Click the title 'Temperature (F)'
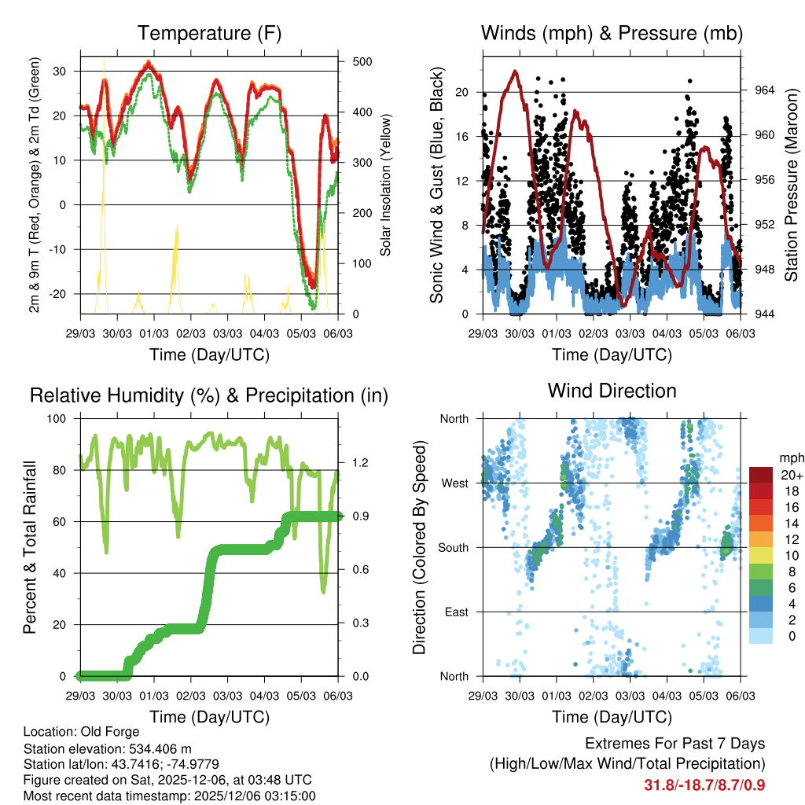pyautogui.click(x=208, y=33)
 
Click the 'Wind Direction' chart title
pyautogui.click(x=612, y=390)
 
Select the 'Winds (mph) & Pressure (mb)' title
pyautogui.click(x=612, y=33)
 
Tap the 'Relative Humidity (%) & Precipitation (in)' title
pyautogui.click(x=208, y=395)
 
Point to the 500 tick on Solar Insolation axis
pyautogui.click(x=353, y=61)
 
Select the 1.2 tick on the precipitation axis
pyautogui.click(x=352, y=463)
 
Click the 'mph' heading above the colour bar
pyautogui.click(x=790, y=458)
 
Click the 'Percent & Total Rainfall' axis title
pyautogui.click(x=29, y=547)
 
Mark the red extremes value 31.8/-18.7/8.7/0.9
pyautogui.click(x=704, y=785)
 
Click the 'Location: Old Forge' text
pyautogui.click(x=82, y=732)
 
